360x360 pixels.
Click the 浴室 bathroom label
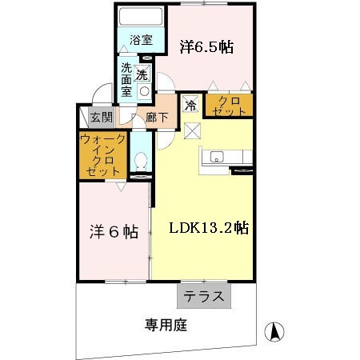141,38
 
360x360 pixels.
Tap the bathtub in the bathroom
141,17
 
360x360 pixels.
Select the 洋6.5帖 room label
206,47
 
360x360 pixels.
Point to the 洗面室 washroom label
127,80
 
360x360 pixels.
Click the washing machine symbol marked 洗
142,75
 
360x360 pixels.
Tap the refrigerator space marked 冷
190,104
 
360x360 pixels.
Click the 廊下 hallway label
158,118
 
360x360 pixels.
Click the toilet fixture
141,162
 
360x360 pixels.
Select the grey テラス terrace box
204,295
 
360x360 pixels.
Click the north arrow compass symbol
274,330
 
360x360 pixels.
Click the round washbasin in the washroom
145,90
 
